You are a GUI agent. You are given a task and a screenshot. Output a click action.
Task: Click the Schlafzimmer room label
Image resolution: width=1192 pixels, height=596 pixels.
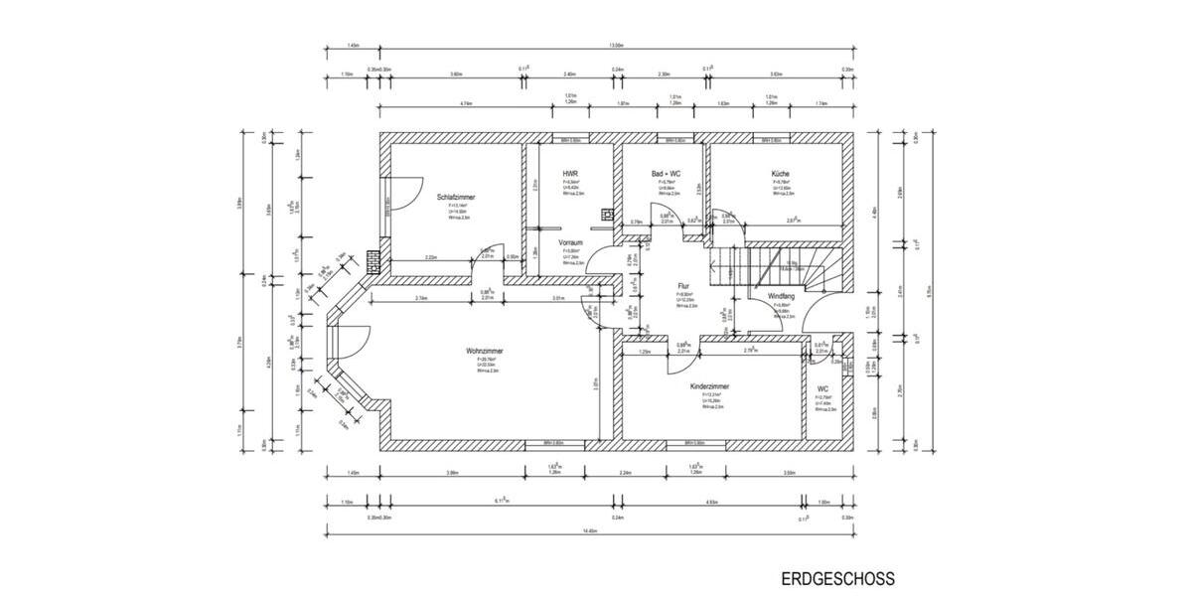tap(456, 198)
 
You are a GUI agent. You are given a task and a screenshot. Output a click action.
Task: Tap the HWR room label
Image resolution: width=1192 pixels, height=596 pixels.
tap(570, 173)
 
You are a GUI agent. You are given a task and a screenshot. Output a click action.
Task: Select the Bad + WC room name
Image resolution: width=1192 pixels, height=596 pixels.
tap(667, 173)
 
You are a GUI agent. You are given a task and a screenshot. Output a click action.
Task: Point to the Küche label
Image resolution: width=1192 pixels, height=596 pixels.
tap(781, 173)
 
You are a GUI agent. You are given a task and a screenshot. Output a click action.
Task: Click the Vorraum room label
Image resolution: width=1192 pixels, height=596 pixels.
tap(570, 242)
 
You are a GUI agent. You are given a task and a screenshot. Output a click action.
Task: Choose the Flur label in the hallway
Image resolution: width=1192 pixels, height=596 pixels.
tap(683, 285)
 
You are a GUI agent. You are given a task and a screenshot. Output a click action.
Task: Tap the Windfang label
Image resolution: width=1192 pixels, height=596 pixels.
tap(782, 297)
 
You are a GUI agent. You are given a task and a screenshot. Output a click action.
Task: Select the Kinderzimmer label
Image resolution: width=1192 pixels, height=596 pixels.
tap(710, 386)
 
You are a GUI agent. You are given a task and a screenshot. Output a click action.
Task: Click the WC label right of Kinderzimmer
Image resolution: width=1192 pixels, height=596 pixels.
tap(822, 389)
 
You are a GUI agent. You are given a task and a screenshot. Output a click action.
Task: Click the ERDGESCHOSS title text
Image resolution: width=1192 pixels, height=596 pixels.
tap(837, 578)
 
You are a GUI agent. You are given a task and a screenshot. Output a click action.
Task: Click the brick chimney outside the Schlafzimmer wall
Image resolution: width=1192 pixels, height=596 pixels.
tap(372, 260)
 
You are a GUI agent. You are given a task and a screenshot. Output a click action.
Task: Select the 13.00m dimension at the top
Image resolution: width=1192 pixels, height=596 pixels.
tap(616, 45)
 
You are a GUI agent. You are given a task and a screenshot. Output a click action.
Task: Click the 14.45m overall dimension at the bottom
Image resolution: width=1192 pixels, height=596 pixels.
tap(590, 531)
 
